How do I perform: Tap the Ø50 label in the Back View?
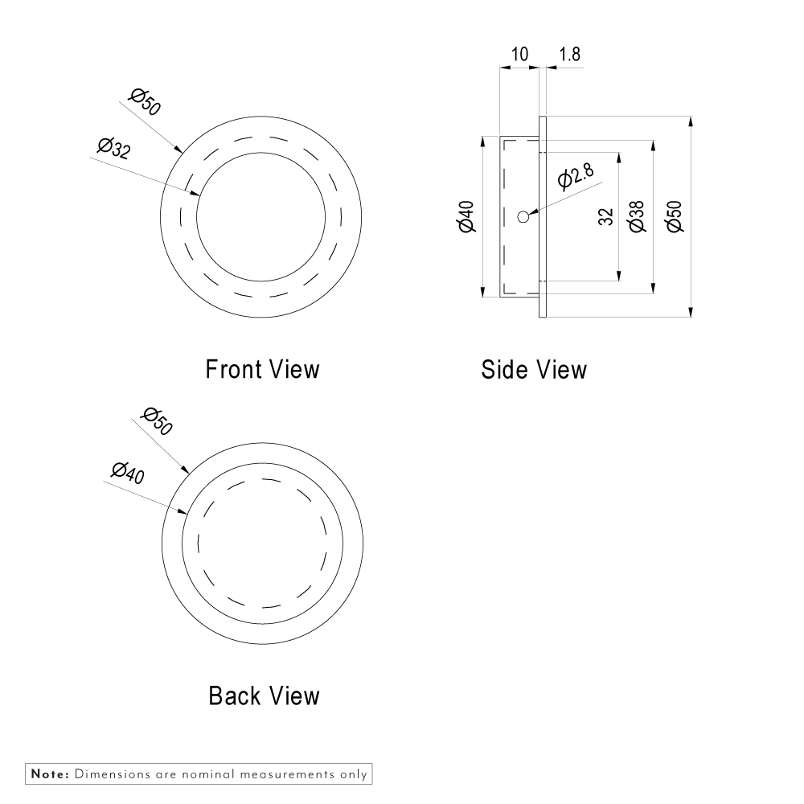156,421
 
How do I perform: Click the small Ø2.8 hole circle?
523,215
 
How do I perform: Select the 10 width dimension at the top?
519,54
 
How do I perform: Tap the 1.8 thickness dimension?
569,54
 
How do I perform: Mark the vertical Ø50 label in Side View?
675,216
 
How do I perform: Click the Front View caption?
262,369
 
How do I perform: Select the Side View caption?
534,369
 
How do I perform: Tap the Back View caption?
264,695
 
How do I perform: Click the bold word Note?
50,774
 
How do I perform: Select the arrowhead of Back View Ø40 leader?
186,512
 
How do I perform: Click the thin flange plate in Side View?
543,216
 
